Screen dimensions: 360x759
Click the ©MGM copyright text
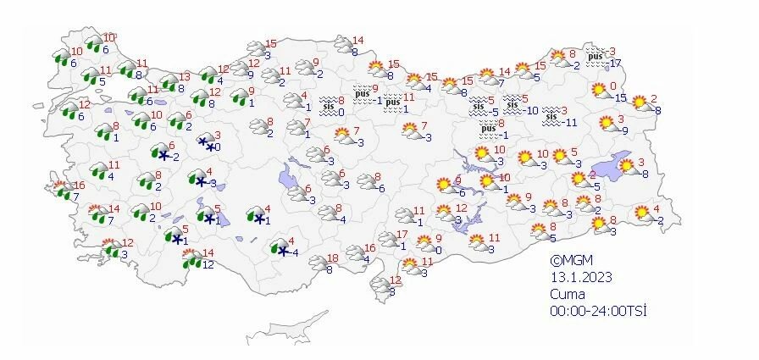point(569,261)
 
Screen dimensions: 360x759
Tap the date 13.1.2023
point(579,277)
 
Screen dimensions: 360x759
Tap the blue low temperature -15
point(621,98)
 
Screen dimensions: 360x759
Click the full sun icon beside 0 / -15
point(600,90)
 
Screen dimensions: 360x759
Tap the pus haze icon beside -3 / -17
point(597,55)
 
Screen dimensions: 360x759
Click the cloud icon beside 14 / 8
point(343,45)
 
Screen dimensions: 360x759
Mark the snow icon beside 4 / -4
point(278,246)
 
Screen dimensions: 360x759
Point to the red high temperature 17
point(402,235)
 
